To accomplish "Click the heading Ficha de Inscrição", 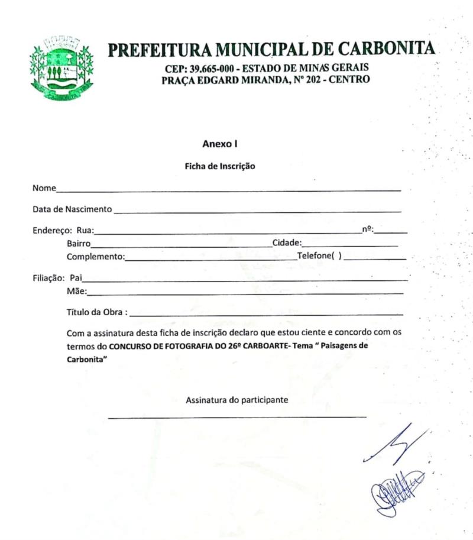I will [x=220, y=166].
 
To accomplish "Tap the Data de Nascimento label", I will [x=72, y=209].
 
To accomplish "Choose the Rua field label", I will [x=85, y=231].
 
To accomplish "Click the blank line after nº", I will [x=394, y=232].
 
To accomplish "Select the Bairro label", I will [x=78, y=242].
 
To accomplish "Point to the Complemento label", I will [x=95, y=257].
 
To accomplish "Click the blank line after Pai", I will [x=248, y=279].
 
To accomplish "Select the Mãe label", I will [x=76, y=290].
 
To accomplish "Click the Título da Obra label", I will [x=97, y=312].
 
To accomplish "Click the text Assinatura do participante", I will [x=237, y=400].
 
